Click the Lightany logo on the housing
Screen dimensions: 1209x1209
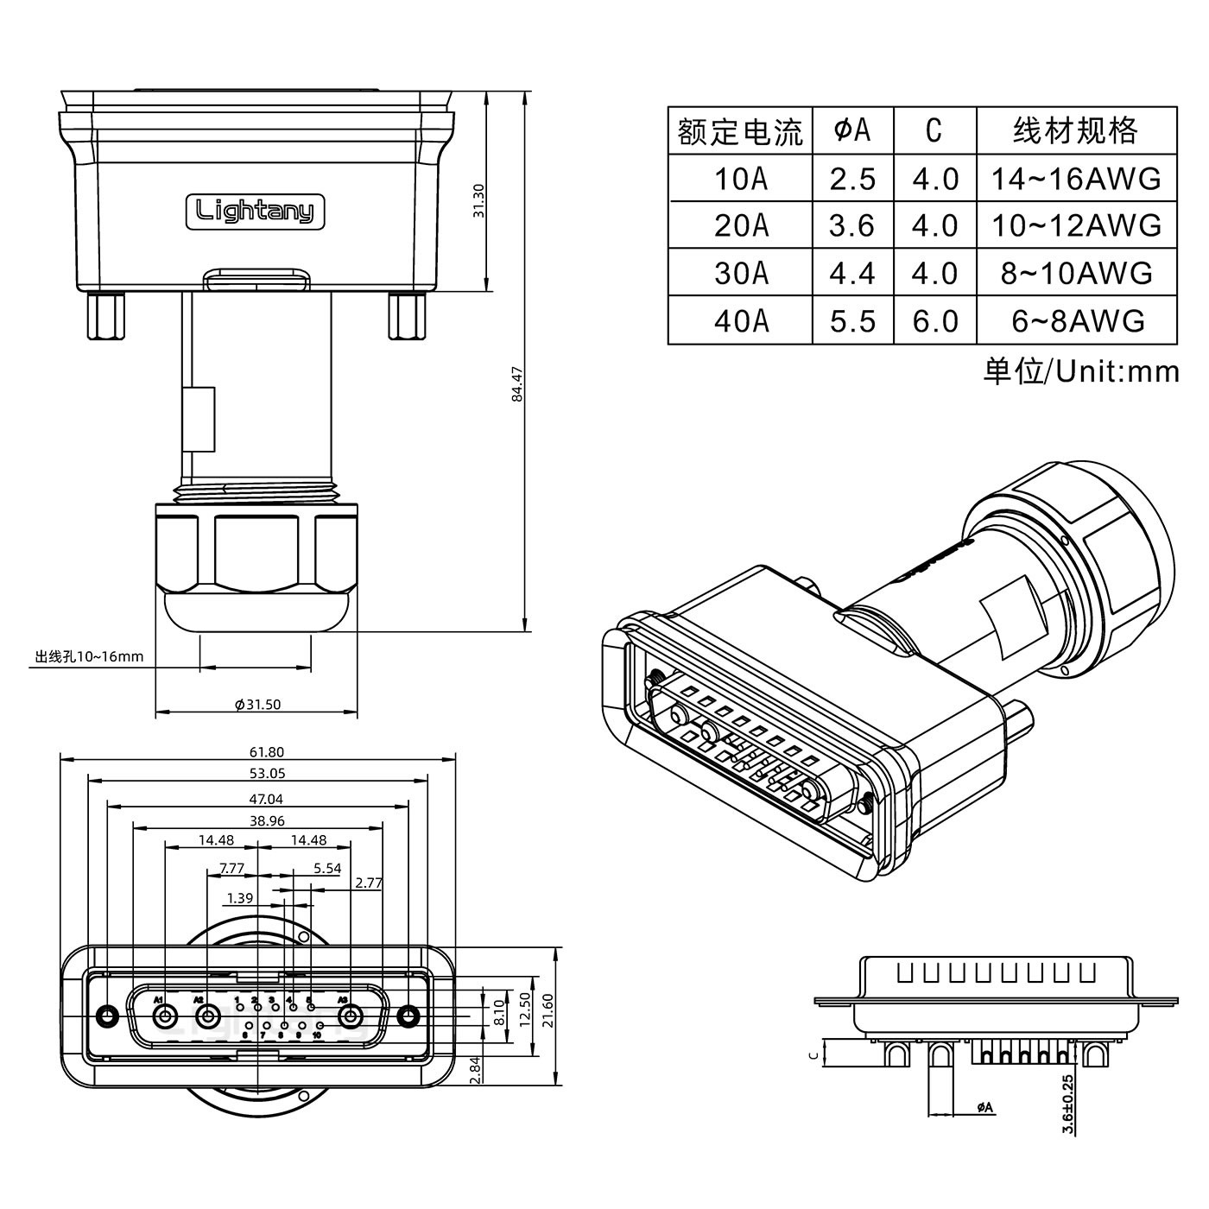tap(256, 211)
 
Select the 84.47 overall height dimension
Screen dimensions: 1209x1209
tap(516, 384)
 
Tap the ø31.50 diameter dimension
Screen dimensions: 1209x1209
tap(257, 705)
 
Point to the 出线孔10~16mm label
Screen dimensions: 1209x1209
tap(89, 657)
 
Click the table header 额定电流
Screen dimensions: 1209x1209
tap(740, 131)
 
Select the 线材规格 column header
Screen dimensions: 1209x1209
tap(1075, 131)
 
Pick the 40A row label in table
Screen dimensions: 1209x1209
tap(740, 321)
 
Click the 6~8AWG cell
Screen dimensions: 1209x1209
tap(1077, 321)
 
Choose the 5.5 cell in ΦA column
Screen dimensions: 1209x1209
tap(852, 321)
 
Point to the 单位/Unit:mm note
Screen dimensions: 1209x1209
tap(1080, 371)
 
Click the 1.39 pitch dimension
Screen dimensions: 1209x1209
tap(239, 898)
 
